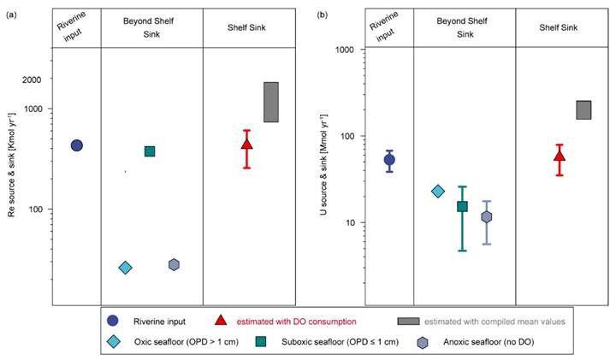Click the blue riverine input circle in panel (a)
pos(76,145)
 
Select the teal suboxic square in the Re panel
pos(150,151)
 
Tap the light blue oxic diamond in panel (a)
pos(125,268)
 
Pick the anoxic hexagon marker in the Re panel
pos(174,265)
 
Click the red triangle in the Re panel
pos(246,144)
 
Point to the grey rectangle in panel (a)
pos(270,102)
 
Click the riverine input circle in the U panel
pos(389,160)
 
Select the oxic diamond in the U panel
pos(438,192)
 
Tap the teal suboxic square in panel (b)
pos(462,206)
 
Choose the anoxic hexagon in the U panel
pos(487,216)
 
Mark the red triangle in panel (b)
pos(560,156)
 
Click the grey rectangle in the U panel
pos(583,109)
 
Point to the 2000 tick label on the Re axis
pos(31,80)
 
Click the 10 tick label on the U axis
pos(347,223)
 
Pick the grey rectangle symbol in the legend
pos(408,321)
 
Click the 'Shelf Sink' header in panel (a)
pos(246,27)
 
